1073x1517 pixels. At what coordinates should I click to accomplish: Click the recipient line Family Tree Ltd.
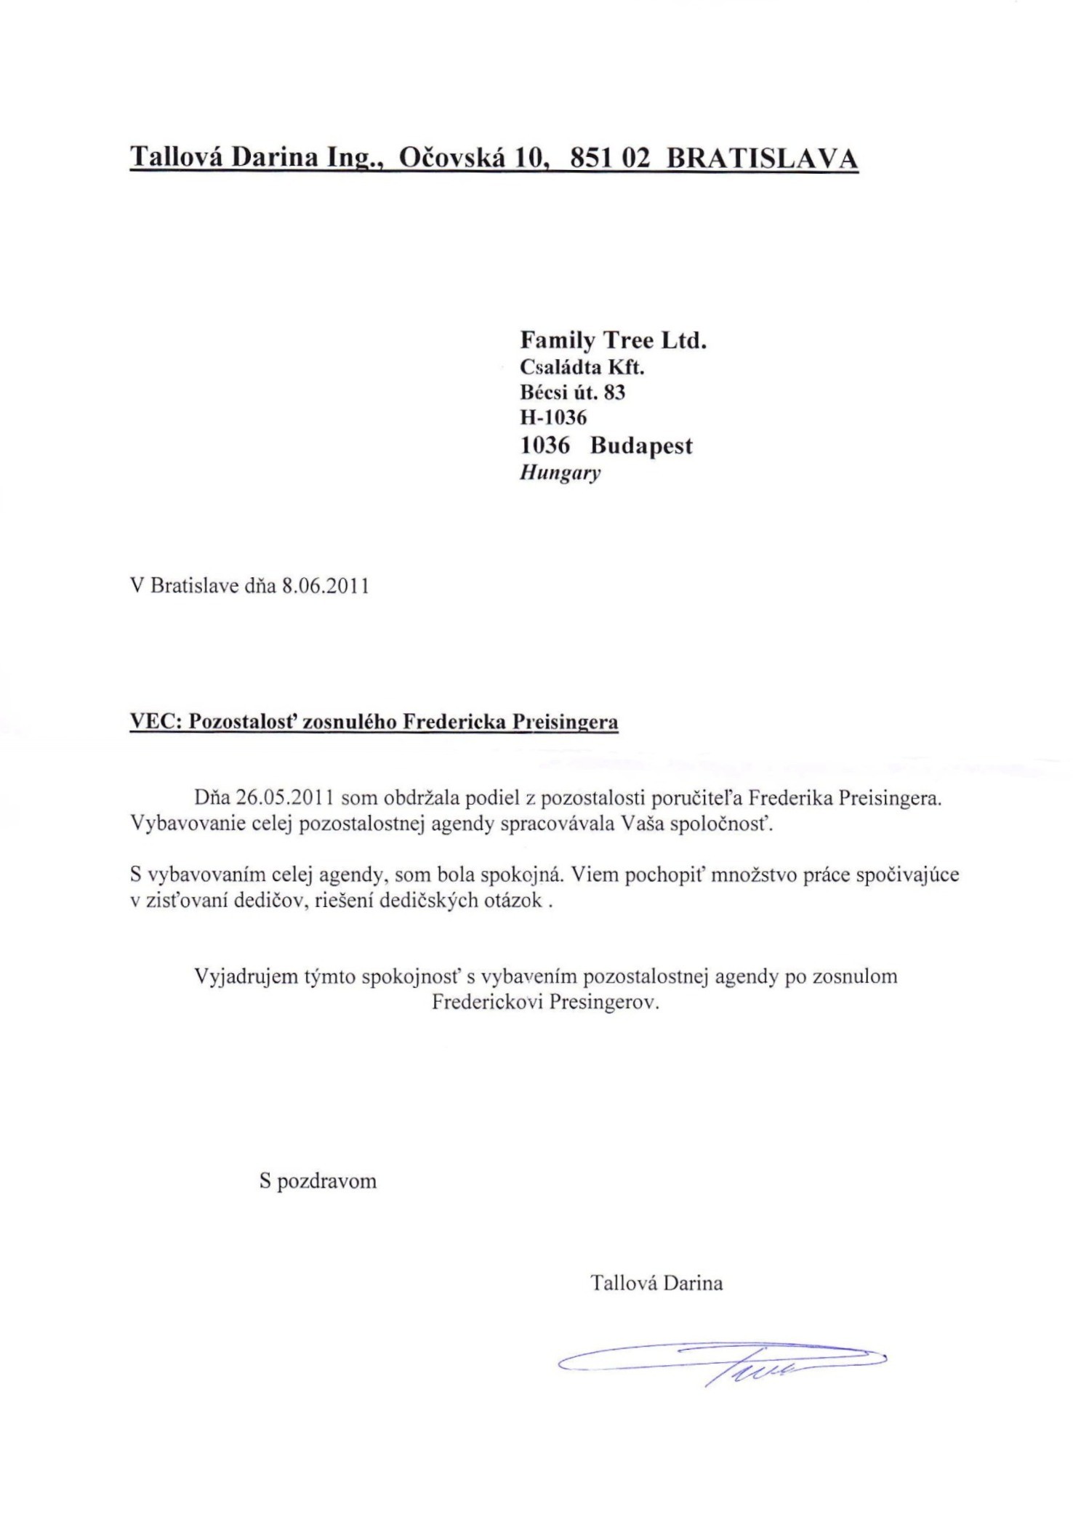point(613,340)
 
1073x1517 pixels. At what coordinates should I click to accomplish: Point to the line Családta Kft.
point(582,368)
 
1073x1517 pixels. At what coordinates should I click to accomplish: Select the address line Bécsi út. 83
point(573,393)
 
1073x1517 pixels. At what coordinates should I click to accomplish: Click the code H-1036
point(553,418)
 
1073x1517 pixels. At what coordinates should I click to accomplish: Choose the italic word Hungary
point(560,473)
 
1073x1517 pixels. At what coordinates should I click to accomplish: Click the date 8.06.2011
point(325,586)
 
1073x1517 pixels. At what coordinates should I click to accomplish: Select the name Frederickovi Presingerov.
point(545,1003)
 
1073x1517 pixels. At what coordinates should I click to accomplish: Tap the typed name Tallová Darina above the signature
point(656,1283)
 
